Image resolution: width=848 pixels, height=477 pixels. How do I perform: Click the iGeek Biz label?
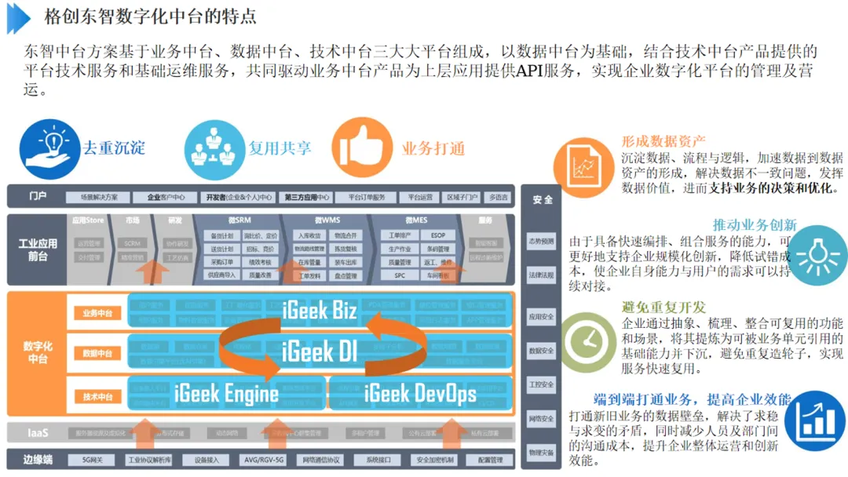click(319, 310)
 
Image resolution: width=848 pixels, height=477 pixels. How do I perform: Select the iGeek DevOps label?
click(420, 392)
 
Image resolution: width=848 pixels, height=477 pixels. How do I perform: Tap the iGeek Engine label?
click(226, 392)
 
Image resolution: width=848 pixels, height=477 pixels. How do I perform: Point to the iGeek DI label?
click(320, 351)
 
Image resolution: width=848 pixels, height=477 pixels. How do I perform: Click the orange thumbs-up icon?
click(362, 147)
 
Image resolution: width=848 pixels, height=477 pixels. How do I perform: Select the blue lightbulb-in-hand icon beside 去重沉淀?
click(49, 147)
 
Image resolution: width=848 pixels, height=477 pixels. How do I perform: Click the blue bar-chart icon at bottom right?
click(813, 421)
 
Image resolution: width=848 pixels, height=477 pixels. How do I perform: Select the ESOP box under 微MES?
click(437, 235)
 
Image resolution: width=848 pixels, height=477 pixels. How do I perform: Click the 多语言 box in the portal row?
click(498, 197)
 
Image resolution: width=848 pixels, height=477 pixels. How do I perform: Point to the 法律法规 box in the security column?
click(541, 275)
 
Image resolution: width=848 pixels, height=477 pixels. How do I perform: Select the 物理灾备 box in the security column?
click(541, 453)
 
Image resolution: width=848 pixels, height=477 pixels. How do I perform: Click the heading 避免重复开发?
click(663, 307)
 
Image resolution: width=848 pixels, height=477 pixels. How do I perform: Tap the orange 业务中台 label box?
click(97, 313)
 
